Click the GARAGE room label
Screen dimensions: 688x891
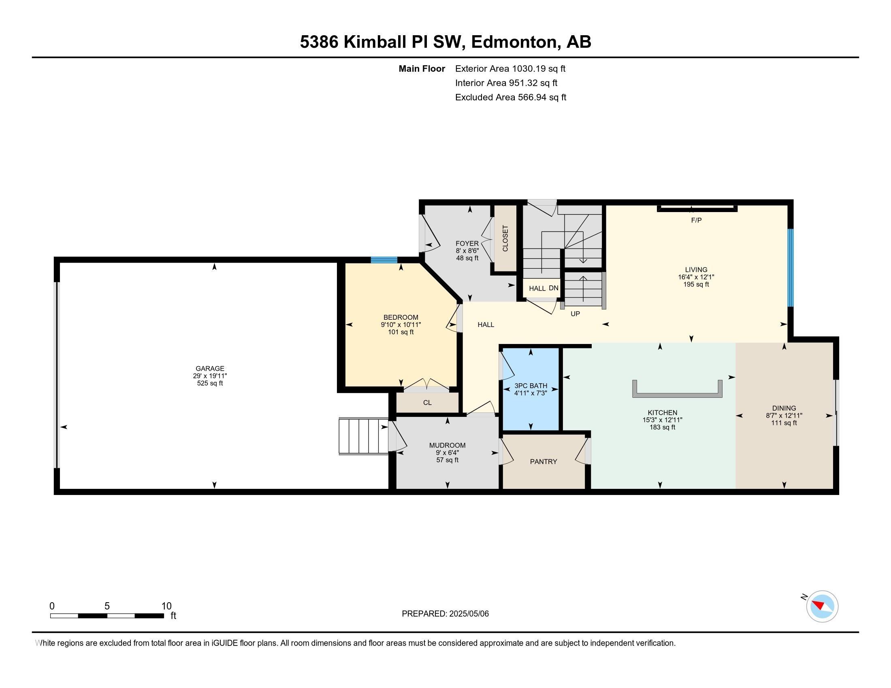[210, 368]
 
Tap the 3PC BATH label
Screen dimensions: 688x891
[531, 386]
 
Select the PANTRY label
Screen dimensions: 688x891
[543, 461]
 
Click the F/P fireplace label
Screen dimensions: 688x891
[696, 221]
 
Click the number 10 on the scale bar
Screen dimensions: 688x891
[166, 606]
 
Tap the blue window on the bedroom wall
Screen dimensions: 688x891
[384, 260]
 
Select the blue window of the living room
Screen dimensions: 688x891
[790, 268]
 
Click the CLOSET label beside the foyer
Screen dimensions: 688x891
[505, 238]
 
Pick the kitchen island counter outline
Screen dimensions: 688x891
[677, 395]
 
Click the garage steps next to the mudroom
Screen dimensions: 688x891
[363, 436]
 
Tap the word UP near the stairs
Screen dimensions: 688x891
[575, 314]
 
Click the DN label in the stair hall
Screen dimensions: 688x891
[553, 288]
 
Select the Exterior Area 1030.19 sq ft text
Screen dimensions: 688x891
[510, 68]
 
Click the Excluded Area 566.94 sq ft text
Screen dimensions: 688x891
[510, 98]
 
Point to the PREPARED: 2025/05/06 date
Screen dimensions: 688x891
[445, 614]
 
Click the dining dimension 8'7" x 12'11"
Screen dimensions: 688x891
[784, 415]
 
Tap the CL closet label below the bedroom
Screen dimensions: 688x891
[427, 403]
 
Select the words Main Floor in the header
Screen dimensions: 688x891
[422, 68]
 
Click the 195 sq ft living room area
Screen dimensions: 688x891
[696, 285]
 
